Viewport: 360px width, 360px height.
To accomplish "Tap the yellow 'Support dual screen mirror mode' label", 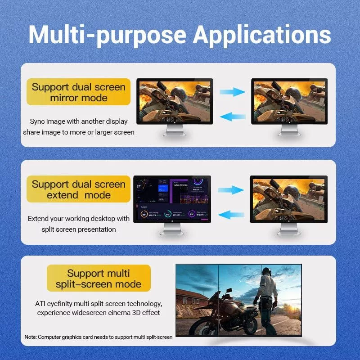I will tap(79, 92).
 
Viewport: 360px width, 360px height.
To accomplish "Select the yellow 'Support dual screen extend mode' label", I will tap(79, 189).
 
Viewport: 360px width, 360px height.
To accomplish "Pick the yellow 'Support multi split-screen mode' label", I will tap(99, 279).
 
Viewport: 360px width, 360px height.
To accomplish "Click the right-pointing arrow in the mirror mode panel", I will tap(232, 92).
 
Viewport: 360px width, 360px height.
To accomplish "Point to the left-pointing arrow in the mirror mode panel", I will tap(232, 117).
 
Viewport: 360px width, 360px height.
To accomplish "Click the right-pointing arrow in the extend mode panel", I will tap(230, 189).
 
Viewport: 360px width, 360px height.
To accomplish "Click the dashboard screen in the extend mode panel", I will tap(172, 199).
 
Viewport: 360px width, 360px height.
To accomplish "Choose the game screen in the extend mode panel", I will tap(288, 199).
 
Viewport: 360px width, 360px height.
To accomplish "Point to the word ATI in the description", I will tap(41, 303).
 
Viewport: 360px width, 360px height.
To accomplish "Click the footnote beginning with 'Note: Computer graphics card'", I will tap(99, 337).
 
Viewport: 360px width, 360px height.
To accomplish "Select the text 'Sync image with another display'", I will tap(79, 121).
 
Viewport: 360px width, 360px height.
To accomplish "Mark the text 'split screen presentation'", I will tap(79, 229).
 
